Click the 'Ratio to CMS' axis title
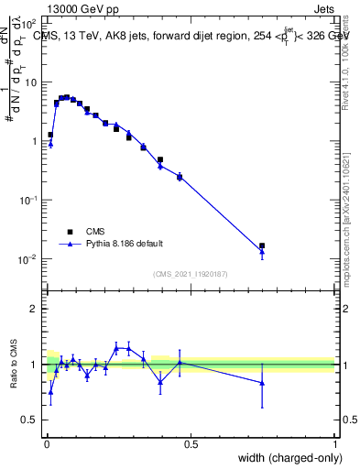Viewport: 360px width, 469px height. point(15,364)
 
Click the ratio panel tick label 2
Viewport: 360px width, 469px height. point(34,309)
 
